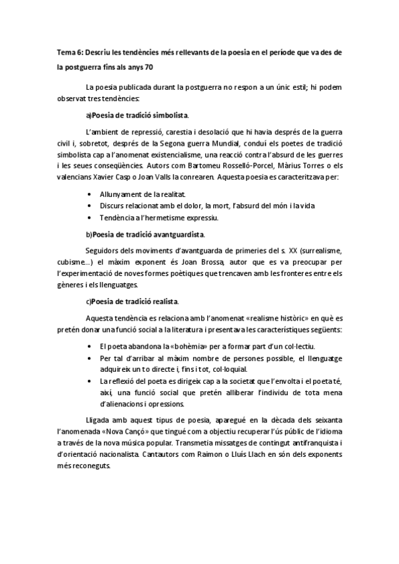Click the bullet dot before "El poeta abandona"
pos(90,347)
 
